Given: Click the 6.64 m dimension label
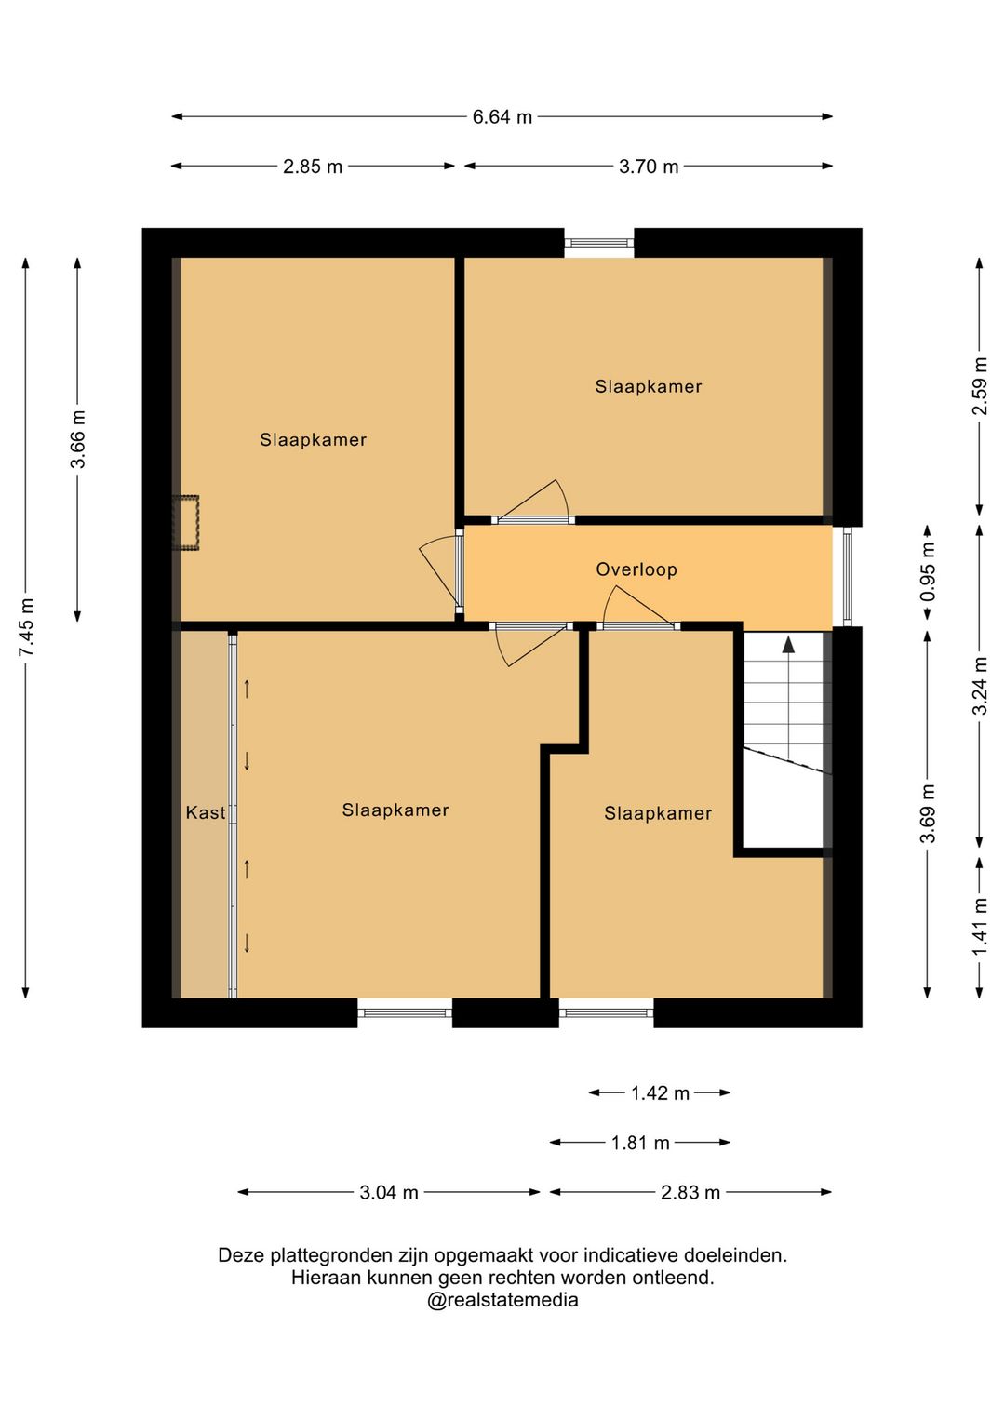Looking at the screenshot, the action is (502, 117).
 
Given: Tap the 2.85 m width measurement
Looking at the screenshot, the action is (313, 167).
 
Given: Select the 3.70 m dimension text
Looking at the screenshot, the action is (648, 167).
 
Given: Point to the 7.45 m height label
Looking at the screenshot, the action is (27, 627).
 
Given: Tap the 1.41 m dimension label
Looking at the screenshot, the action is (980, 927).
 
